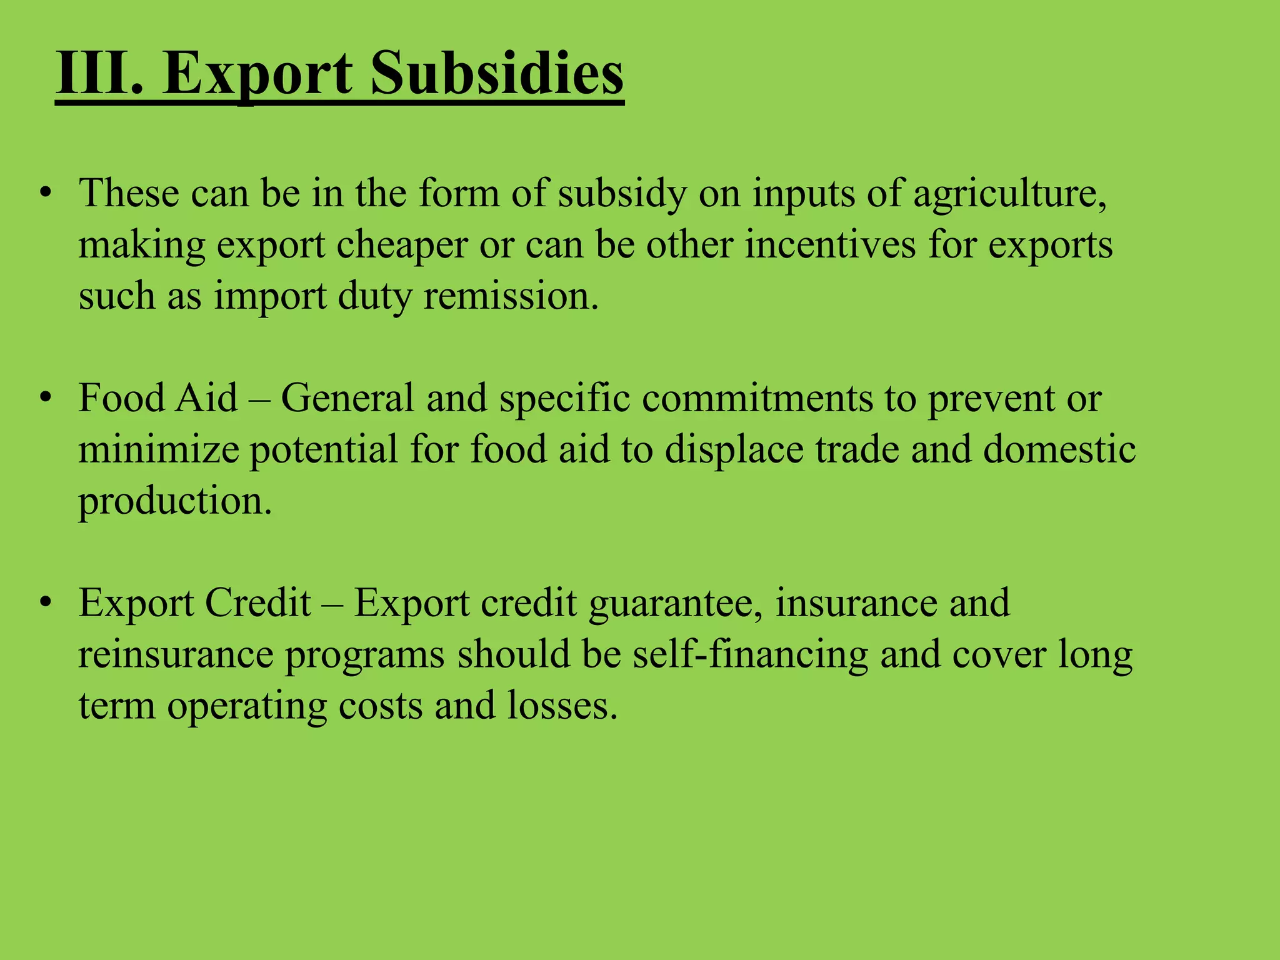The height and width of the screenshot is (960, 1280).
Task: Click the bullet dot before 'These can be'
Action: pyautogui.click(x=44, y=193)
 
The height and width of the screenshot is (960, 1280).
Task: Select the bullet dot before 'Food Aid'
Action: pyautogui.click(x=44, y=398)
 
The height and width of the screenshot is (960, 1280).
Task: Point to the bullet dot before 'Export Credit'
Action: pyautogui.click(x=44, y=603)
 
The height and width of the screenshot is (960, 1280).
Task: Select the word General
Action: pyautogui.click(x=347, y=398)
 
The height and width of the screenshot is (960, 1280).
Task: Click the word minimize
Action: pyautogui.click(x=159, y=449)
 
